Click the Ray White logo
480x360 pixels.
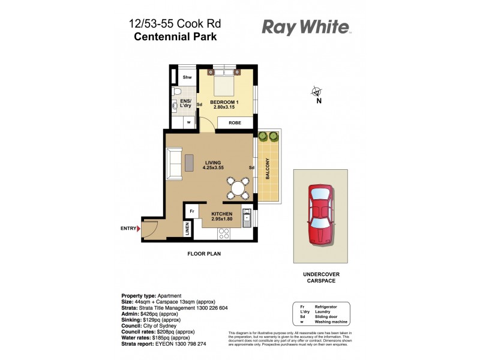coord(305,27)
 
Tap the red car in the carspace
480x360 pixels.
coord(322,216)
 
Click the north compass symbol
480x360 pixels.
coord(316,92)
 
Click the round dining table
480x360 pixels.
coord(238,188)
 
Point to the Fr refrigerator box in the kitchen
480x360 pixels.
coord(192,212)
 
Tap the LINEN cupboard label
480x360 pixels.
coord(187,229)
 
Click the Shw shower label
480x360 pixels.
coord(187,77)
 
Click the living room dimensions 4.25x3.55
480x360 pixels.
coord(213,169)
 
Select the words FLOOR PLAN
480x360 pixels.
coord(204,254)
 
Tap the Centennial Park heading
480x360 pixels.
coord(175,36)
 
